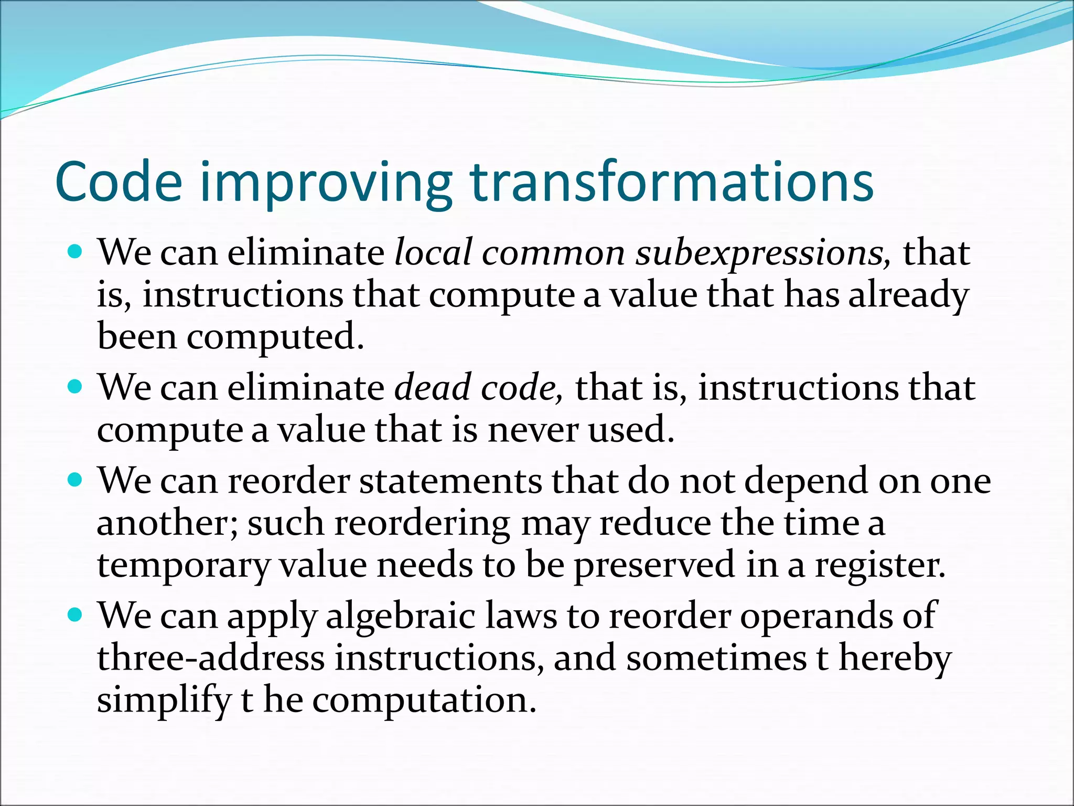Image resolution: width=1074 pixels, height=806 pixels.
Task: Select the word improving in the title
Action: [x=326, y=184]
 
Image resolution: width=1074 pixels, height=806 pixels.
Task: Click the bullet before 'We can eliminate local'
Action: [x=76, y=252]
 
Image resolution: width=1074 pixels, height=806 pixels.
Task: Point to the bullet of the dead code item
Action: [x=76, y=387]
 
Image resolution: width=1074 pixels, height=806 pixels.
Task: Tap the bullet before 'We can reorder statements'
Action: [x=76, y=480]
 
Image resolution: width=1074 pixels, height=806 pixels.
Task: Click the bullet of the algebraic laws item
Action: [x=76, y=615]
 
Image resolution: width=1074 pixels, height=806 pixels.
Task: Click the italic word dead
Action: [x=433, y=387]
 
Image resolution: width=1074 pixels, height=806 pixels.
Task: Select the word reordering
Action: [x=422, y=524]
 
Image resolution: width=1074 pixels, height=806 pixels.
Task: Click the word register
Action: [x=879, y=566]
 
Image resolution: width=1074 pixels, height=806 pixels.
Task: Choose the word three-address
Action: [x=211, y=658]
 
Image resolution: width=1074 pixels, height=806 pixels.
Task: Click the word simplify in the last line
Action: [x=164, y=701]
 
